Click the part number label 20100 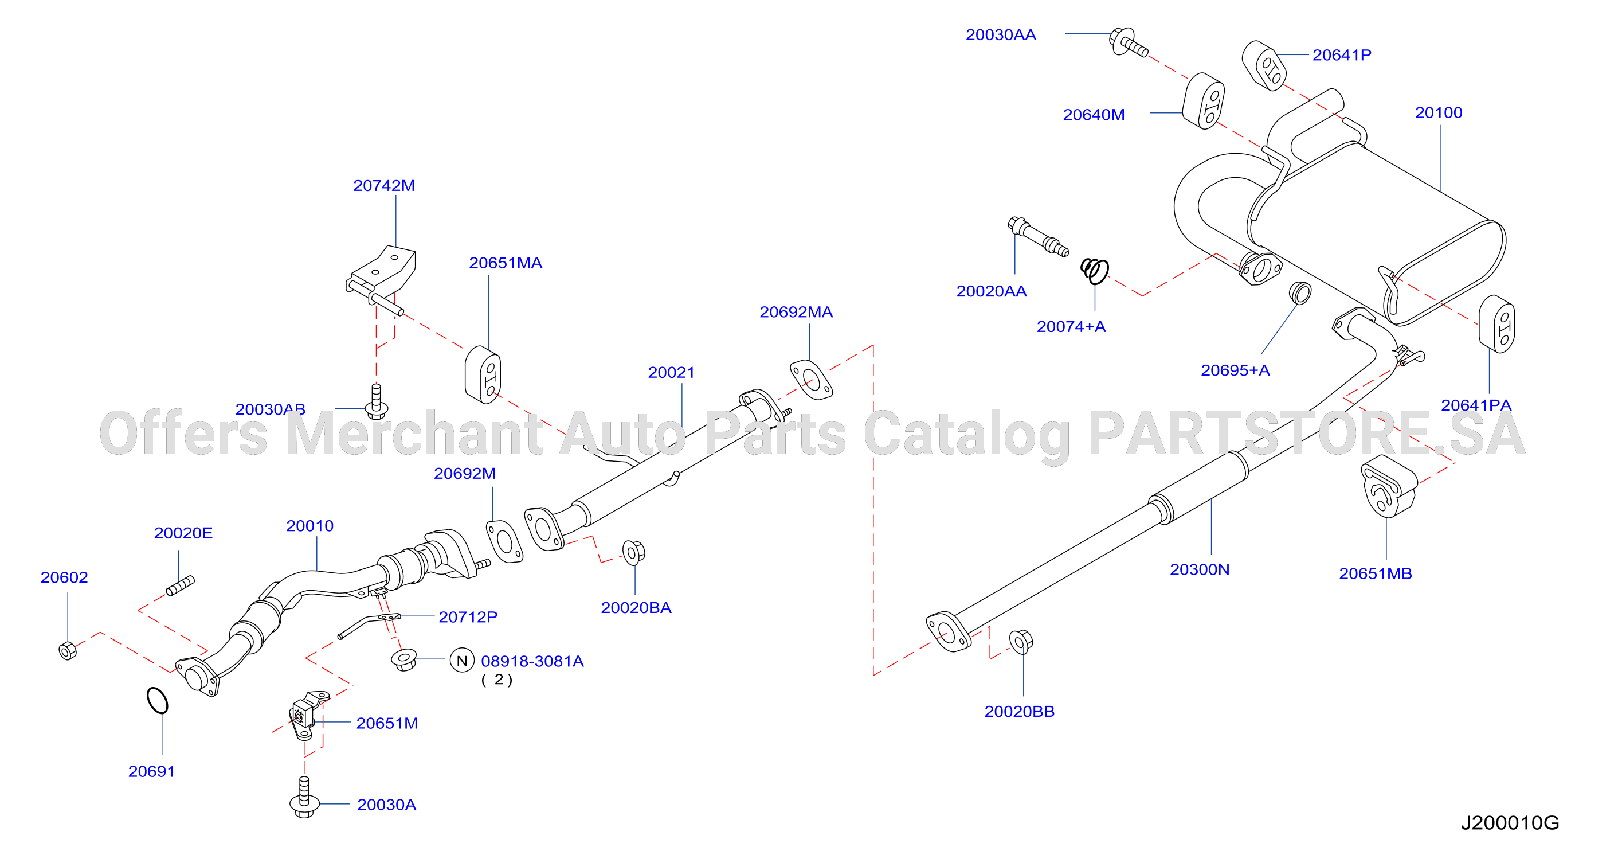pos(1438,113)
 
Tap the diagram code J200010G pos(1509,823)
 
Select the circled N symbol pos(461,660)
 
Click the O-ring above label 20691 pos(158,700)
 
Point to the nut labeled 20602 pos(68,650)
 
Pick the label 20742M pos(384,186)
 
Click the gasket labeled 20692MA pos(811,380)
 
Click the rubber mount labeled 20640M pos(1203,101)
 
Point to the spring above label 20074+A pos(1095,271)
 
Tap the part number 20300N pos(1200,569)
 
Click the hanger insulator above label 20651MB pos(1388,486)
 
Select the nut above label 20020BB pos(1021,641)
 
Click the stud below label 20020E pos(180,585)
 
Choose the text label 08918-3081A pos(532,661)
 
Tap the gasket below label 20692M pos(504,542)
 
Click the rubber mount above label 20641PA pos(1496,324)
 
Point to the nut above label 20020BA pos(633,552)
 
